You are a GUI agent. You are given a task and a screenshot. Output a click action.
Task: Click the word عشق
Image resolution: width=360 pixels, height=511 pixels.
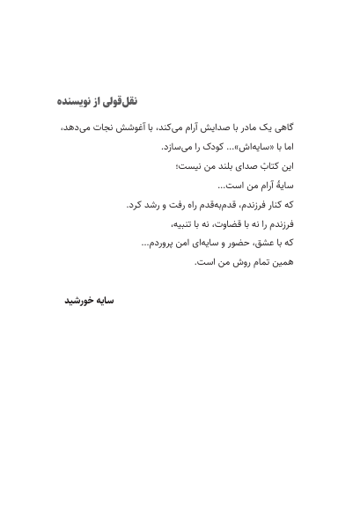(265, 245)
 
